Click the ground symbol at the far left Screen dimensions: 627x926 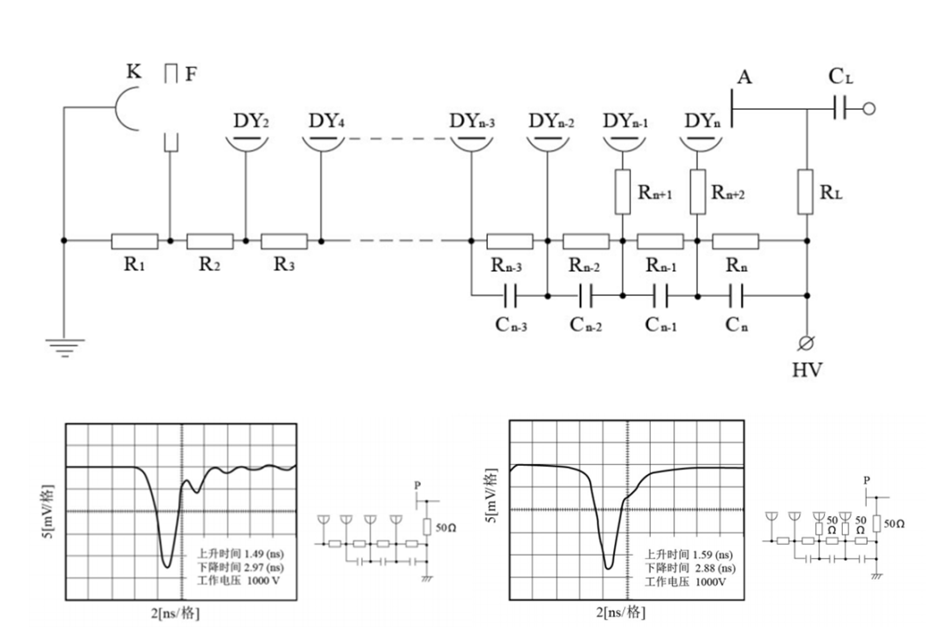click(x=64, y=347)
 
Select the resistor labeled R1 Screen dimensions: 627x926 click(x=135, y=241)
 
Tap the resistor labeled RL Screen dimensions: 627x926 click(x=807, y=191)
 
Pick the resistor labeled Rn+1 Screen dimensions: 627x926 click(x=622, y=191)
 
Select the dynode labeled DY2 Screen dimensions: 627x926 click(x=246, y=142)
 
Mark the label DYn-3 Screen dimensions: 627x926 click(x=472, y=120)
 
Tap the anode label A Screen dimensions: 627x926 click(x=744, y=78)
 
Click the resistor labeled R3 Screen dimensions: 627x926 click(x=284, y=241)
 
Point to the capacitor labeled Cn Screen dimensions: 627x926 click(x=736, y=296)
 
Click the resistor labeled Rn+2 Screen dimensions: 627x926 click(x=698, y=191)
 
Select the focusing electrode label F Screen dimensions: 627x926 click(x=190, y=74)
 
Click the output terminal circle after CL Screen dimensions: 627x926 click(x=869, y=109)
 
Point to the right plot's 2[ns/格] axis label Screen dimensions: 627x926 click(x=622, y=612)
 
